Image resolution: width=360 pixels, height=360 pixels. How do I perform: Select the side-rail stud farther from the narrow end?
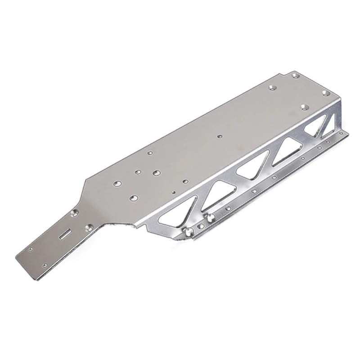(209, 218)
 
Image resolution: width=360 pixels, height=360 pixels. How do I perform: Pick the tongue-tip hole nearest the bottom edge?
(45, 264)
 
